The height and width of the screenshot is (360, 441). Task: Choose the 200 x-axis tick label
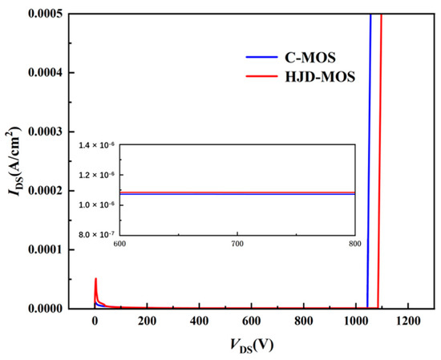(147, 322)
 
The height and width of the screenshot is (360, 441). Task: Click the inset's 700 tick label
(237, 243)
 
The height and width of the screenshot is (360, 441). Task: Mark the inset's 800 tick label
(354, 243)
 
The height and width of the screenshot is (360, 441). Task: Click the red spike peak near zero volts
(95, 279)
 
